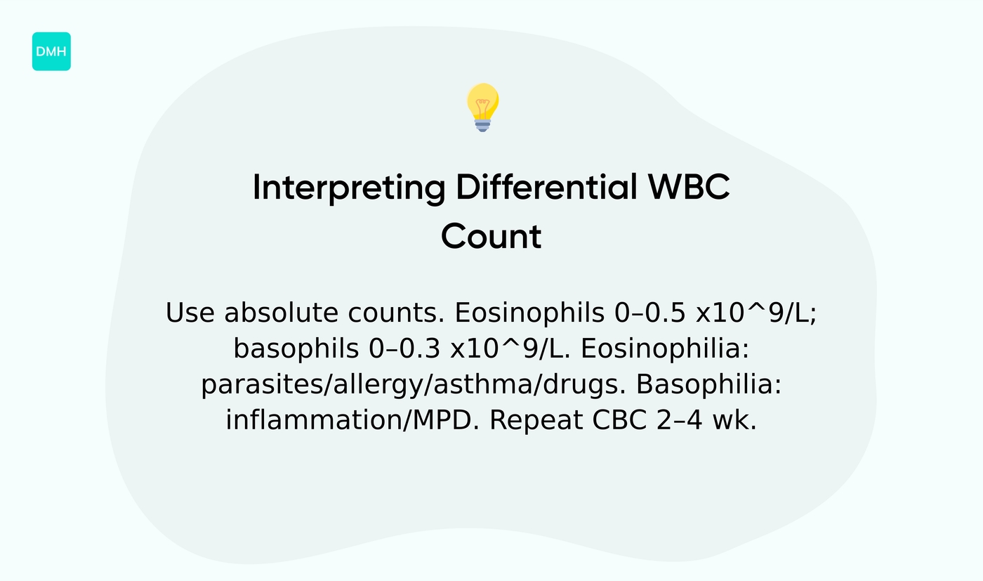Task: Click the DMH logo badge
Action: [x=51, y=51]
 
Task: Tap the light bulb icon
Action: [x=482, y=107]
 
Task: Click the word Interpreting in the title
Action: [x=348, y=188]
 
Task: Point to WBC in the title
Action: [x=689, y=188]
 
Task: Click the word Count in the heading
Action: [x=491, y=237]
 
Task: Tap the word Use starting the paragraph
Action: [x=191, y=313]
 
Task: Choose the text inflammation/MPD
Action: [x=352, y=421]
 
